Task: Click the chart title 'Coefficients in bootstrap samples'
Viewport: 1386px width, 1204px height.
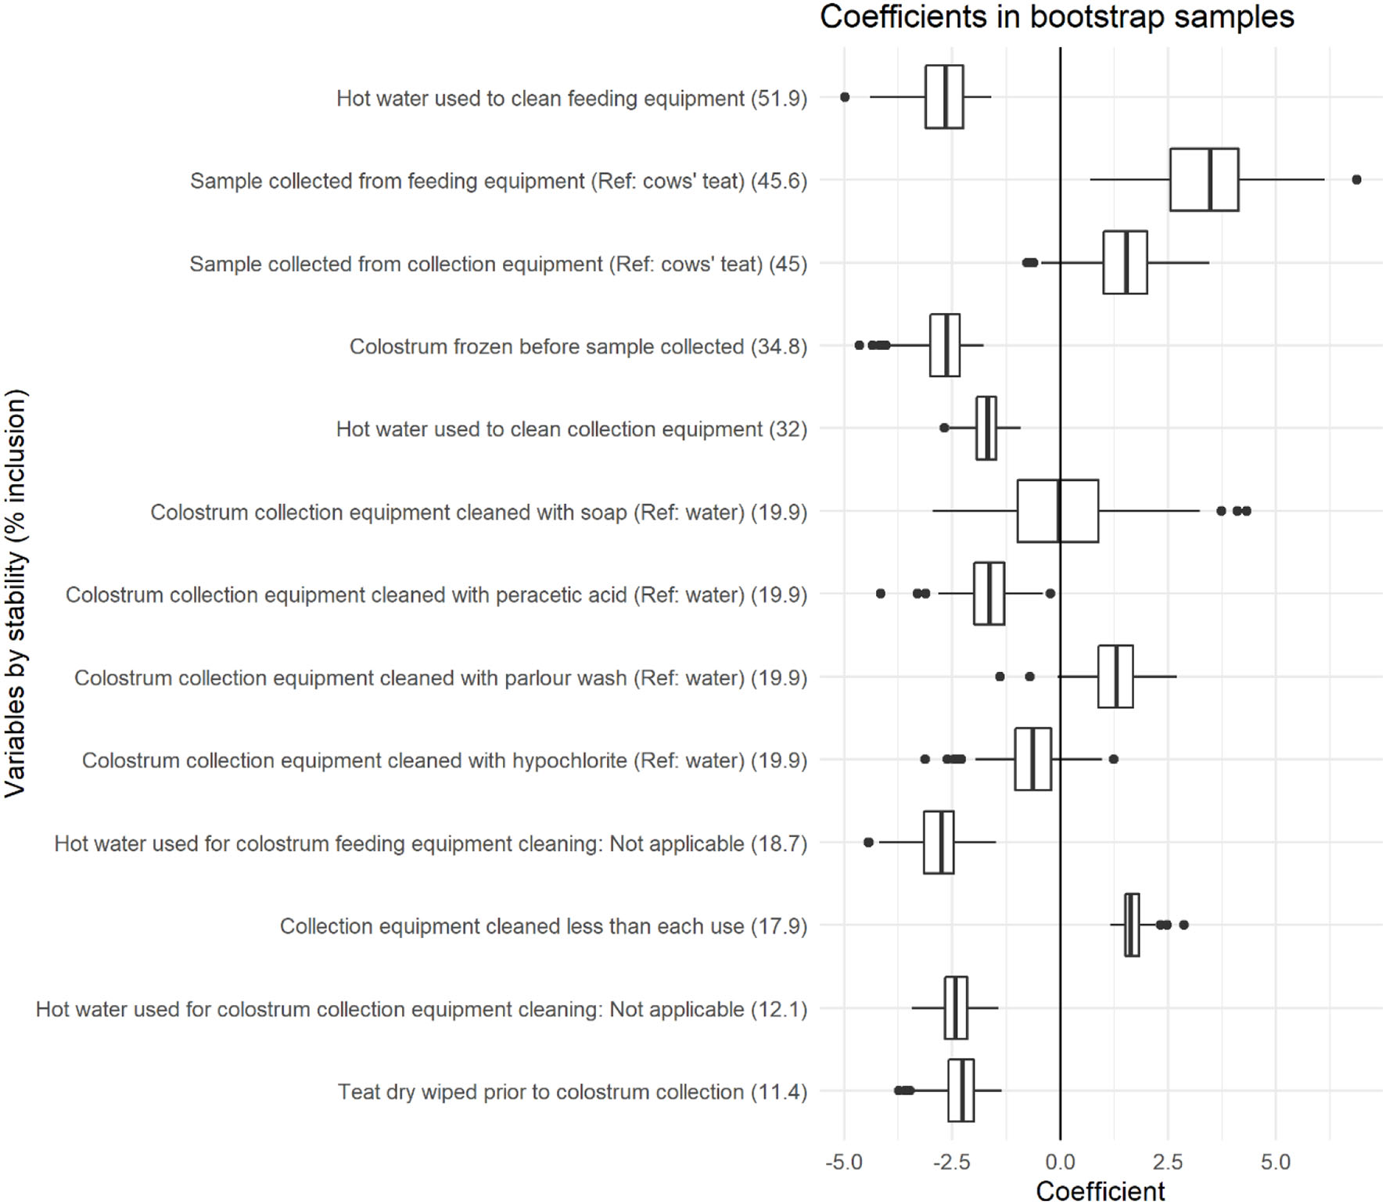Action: (x=1056, y=17)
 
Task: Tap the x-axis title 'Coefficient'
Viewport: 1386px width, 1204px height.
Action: (x=1100, y=1191)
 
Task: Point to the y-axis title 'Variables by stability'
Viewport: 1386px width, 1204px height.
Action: (x=16, y=593)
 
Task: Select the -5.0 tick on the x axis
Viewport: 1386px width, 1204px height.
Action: (x=844, y=1162)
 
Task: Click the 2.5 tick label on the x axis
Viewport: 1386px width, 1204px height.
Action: (x=1168, y=1162)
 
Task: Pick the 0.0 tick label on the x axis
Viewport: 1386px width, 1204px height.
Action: (x=1060, y=1162)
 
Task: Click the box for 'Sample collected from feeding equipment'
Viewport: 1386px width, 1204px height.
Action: (x=1204, y=180)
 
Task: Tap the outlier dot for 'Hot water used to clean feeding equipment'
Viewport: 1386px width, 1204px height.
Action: (x=845, y=97)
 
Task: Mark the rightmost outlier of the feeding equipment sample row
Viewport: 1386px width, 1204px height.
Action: (x=1356, y=180)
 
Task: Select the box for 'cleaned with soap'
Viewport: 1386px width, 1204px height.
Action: (x=1057, y=511)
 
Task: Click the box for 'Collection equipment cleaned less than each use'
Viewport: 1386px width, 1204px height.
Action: (x=1132, y=925)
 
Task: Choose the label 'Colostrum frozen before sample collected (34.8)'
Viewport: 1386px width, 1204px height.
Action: (x=578, y=347)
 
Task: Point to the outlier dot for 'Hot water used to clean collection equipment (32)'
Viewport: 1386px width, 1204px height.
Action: (x=944, y=428)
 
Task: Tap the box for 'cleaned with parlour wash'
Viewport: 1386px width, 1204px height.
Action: (x=1115, y=677)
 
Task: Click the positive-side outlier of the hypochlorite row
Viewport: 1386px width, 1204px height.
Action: (x=1114, y=759)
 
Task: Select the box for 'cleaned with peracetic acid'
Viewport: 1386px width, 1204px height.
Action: (x=989, y=594)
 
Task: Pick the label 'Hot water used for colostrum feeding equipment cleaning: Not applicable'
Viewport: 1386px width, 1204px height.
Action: (x=430, y=843)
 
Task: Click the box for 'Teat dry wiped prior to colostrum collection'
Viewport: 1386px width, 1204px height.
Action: (x=961, y=1091)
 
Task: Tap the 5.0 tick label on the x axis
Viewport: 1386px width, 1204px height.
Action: (x=1275, y=1162)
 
